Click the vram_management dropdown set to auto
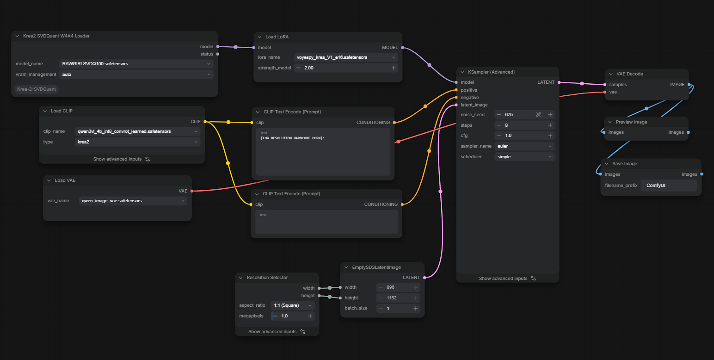coord(136,74)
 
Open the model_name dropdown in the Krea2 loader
coord(136,64)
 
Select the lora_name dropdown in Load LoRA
coord(346,57)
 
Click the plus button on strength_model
coord(394,68)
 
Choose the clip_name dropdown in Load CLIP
coord(137,131)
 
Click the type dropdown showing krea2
coord(137,142)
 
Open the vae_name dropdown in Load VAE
coord(133,201)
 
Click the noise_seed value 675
coord(509,115)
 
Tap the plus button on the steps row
coord(550,125)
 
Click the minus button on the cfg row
coord(499,136)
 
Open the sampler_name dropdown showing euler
coord(524,146)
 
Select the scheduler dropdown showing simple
coord(524,157)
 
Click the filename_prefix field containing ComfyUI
coord(668,186)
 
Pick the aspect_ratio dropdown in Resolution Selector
coord(293,305)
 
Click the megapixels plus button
coord(310,316)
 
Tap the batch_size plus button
coord(416,308)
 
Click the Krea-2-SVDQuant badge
coord(37,89)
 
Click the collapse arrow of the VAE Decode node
coord(611,74)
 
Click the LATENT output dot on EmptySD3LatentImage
coord(425,278)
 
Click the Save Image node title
coord(624,164)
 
